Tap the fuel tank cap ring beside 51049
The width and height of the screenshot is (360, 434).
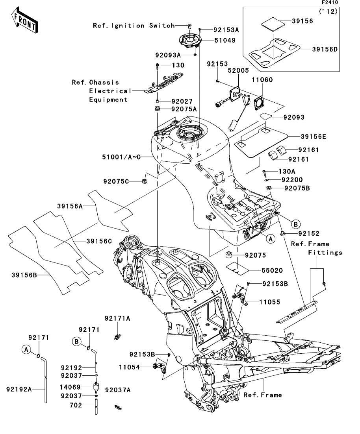pos(191,40)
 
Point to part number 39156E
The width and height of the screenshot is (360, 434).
pos(313,137)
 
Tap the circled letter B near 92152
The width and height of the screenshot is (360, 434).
pos(295,224)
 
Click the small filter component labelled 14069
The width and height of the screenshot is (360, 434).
pos(96,386)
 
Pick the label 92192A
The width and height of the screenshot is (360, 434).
pos(19,389)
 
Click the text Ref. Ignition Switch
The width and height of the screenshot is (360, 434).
pos(134,26)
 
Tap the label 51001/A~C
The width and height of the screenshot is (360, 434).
pos(119,157)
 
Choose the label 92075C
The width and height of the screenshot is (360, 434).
pos(116,181)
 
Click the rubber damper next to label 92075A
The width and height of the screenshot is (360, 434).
pos(157,109)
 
